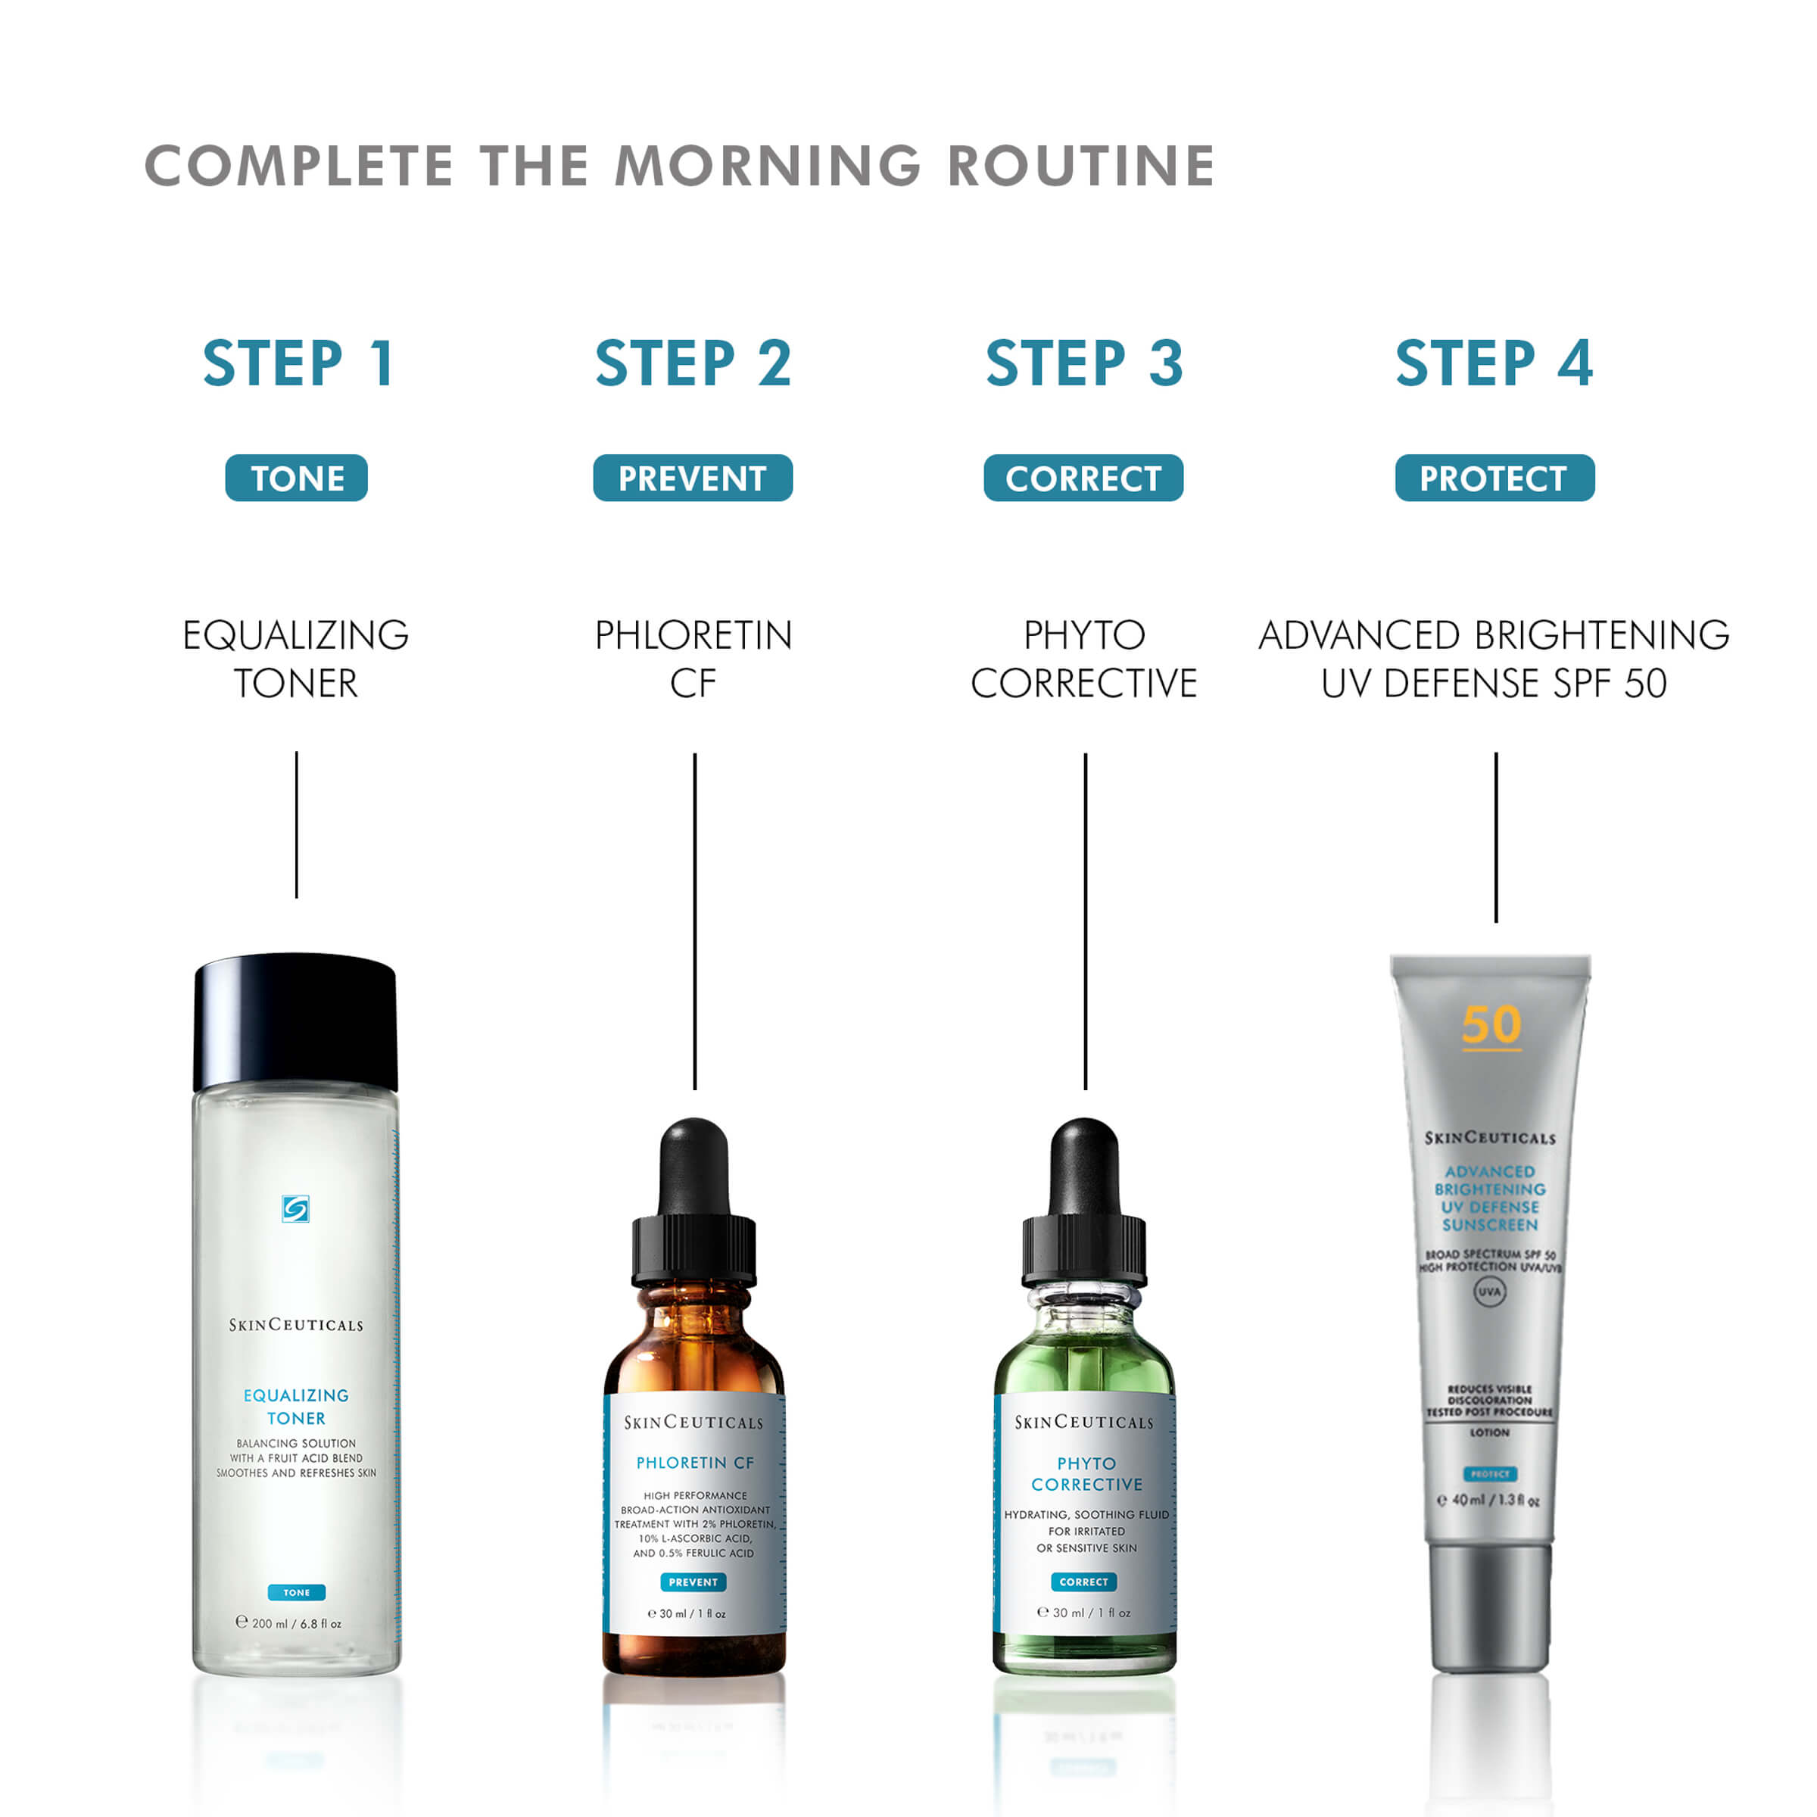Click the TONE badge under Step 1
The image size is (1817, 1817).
click(296, 478)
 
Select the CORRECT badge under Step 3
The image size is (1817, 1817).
click(1083, 478)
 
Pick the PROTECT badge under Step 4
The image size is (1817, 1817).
click(1494, 478)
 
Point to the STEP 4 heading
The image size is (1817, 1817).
click(1494, 363)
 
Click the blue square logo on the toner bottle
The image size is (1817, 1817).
click(295, 1208)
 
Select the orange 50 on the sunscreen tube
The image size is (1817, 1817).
click(1491, 1024)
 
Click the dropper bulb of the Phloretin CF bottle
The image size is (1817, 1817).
click(694, 1166)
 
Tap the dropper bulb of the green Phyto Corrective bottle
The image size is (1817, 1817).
click(1083, 1166)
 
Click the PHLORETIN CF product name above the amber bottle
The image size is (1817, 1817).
click(693, 659)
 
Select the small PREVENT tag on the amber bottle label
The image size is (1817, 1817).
click(693, 1582)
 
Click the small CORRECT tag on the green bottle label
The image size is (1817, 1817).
click(1083, 1582)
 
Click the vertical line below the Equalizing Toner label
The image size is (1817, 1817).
click(296, 824)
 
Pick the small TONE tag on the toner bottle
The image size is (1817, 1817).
click(296, 1592)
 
